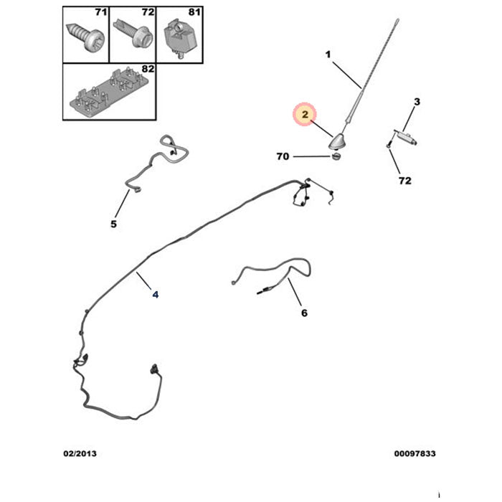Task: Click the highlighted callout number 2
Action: (x=305, y=114)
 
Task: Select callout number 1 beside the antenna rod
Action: (x=328, y=55)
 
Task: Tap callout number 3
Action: (x=417, y=102)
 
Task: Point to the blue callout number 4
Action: (x=156, y=295)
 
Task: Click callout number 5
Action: (x=113, y=224)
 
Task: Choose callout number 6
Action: (x=304, y=313)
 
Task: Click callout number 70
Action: (x=283, y=156)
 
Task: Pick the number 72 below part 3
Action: (x=404, y=181)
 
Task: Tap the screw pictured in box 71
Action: (x=85, y=37)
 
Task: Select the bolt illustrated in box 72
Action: (x=132, y=33)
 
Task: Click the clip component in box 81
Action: (x=179, y=39)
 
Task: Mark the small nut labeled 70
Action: (x=336, y=156)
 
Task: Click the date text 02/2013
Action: (x=80, y=454)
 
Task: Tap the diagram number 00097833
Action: (x=415, y=454)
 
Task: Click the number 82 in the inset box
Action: (x=148, y=69)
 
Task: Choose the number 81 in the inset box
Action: (x=194, y=12)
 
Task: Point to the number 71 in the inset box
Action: (x=101, y=12)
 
